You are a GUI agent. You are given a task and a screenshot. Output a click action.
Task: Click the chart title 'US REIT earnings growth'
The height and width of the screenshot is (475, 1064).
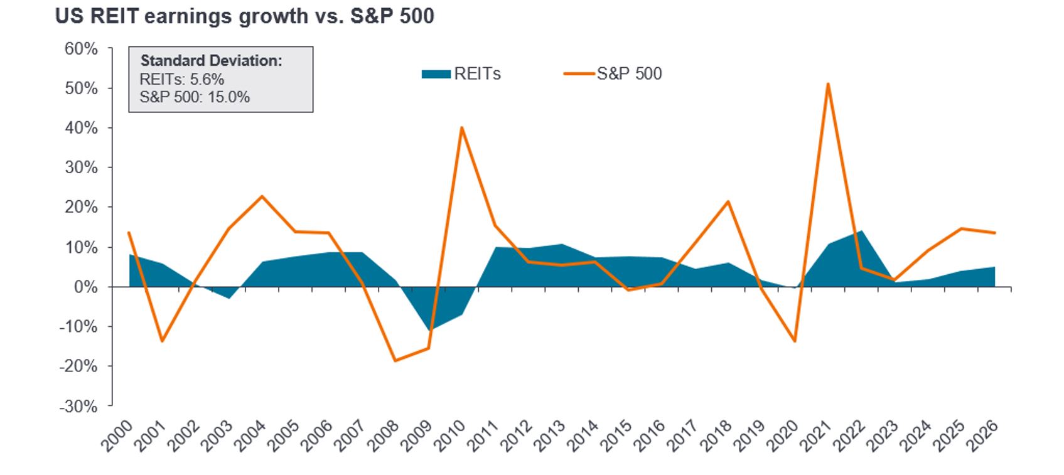pos(244,16)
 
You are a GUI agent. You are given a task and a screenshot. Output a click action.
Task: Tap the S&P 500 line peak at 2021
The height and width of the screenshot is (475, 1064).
pos(828,84)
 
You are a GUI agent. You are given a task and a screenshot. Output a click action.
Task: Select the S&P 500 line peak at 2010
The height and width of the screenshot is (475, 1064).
pos(462,128)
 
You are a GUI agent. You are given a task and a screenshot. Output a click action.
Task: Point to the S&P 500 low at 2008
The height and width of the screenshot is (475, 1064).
pos(395,361)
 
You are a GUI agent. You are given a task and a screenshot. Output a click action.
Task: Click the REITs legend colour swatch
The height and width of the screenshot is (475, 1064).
pos(436,74)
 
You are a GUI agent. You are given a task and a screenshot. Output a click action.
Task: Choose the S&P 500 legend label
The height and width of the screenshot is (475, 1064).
pos(629,74)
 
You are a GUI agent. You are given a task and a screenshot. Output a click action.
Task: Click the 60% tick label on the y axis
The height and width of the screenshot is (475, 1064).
pos(81,49)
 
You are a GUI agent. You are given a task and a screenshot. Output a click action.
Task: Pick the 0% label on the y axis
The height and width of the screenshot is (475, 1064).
pos(85,287)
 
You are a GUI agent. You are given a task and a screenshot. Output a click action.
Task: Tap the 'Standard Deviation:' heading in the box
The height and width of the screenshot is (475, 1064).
pos(211,61)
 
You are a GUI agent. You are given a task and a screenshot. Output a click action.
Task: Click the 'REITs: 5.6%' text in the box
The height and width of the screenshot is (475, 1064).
pos(182,79)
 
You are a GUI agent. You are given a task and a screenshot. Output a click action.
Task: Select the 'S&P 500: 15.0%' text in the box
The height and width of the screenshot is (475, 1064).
pos(195,97)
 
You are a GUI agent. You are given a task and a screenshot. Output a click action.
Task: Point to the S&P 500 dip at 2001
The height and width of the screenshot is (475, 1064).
pos(162,341)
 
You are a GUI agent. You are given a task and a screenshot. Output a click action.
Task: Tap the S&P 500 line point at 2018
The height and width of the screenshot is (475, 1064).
pos(728,201)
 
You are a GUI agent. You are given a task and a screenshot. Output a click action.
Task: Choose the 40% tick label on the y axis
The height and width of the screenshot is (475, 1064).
pos(81,128)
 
